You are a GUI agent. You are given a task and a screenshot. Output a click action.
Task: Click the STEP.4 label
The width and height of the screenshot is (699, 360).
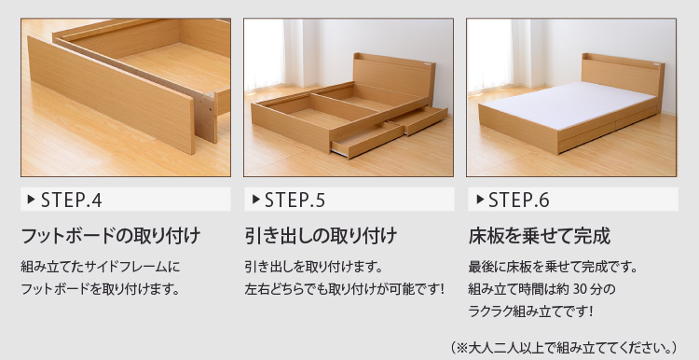coord(72,201)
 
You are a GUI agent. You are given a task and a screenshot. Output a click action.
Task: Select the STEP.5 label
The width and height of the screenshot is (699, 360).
coord(295,201)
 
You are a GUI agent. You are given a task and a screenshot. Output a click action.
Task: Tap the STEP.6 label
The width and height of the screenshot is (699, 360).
coord(519,201)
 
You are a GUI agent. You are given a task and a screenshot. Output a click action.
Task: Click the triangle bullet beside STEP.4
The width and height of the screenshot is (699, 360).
coord(31,200)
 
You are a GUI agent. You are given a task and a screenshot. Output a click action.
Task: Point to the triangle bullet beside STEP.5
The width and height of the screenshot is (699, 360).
coord(256,200)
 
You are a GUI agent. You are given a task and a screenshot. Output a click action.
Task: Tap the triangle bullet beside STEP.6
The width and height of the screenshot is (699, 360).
coord(480,200)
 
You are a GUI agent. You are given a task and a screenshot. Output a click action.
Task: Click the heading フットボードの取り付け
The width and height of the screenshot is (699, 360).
coord(111,236)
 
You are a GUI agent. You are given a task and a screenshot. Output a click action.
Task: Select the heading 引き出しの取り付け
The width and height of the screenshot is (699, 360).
coord(321,236)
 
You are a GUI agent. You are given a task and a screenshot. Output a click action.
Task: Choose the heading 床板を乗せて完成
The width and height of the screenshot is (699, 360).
coord(539,236)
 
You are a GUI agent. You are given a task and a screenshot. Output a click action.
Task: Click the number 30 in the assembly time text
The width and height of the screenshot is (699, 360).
coord(582,289)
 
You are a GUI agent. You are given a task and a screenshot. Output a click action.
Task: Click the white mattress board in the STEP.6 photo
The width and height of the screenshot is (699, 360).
coord(568,104)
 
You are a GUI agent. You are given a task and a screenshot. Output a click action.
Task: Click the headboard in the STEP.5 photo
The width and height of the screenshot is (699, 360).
coord(393,76)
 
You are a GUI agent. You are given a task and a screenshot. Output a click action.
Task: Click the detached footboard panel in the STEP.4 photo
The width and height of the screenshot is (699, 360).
coord(112,95)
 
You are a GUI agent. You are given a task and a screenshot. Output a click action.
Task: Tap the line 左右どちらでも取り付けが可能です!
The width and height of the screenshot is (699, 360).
coord(345,289)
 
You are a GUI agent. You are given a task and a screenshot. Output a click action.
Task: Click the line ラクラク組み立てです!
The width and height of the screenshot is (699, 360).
coord(530,312)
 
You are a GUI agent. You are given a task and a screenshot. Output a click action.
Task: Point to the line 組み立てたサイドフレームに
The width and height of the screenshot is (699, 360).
coord(101,268)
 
